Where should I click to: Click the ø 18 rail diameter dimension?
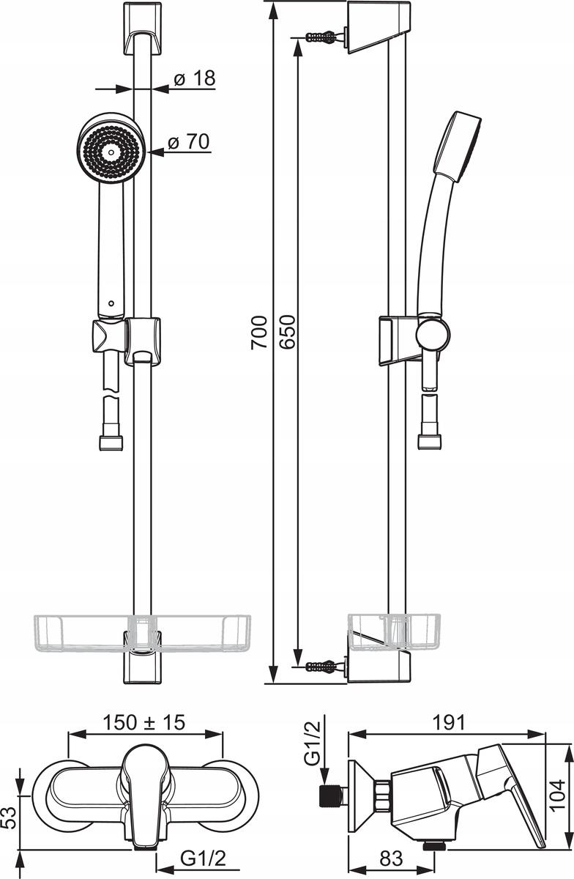click(x=195, y=78)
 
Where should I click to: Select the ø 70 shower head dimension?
click(x=189, y=141)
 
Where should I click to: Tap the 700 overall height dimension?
click(x=259, y=332)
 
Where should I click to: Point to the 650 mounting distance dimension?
click(x=288, y=332)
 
